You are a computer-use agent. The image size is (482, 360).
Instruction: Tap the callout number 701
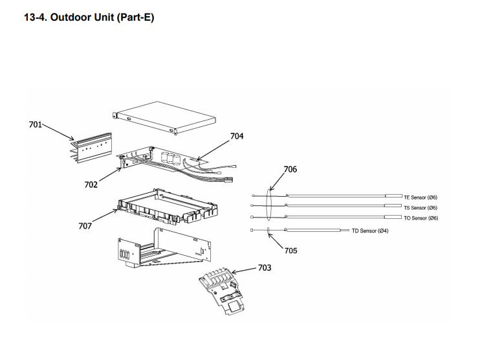pyautogui.click(x=36, y=124)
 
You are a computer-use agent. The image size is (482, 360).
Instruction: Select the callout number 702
pyautogui.click(x=91, y=185)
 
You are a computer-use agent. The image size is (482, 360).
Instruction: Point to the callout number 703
pyautogui.click(x=264, y=267)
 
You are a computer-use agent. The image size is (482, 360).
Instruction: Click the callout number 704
pyautogui.click(x=237, y=137)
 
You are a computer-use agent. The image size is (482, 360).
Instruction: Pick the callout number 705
pyautogui.click(x=290, y=251)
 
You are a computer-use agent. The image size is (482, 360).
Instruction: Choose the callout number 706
pyautogui.click(x=290, y=169)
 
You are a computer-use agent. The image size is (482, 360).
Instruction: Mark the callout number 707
pyautogui.click(x=85, y=226)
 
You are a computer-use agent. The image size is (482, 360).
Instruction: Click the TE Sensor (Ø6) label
pyautogui.click(x=421, y=197)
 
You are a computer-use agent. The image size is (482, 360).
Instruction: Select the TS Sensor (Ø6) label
pyautogui.click(x=421, y=207)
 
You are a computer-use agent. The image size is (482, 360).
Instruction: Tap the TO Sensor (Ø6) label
pyautogui.click(x=421, y=218)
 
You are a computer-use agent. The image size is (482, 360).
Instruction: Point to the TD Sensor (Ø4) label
pyautogui.click(x=370, y=231)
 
